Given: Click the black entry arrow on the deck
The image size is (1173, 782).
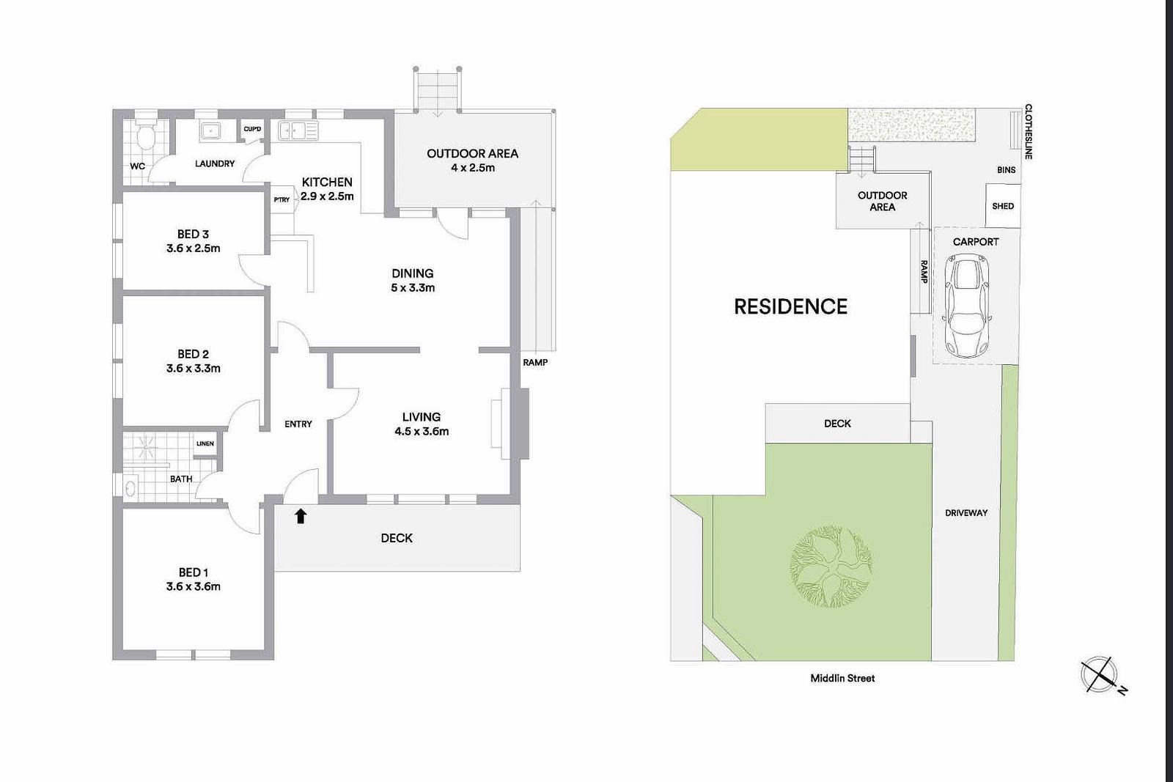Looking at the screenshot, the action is coord(300,516).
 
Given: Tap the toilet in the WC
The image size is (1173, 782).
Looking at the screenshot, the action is coord(146,135).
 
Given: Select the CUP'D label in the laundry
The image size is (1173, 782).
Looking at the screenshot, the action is coord(252,129).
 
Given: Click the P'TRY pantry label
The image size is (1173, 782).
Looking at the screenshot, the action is coord(282,199).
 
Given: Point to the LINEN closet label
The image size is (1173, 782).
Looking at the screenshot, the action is coord(205,443).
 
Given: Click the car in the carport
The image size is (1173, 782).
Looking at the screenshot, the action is coord(968,306).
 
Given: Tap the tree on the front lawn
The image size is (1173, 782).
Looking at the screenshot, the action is coord(831,567).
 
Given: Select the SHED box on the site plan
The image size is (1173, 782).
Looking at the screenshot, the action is coord(1003,206).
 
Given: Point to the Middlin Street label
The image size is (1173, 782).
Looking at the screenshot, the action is coord(842,679).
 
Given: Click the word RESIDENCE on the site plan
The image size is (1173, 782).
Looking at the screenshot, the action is coord(791,307).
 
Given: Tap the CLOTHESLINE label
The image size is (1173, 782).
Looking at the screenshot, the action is coord(1029,132).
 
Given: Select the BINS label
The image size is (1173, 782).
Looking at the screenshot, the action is coord(1006,170).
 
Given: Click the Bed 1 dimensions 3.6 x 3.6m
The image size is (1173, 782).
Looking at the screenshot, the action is coord(194,586).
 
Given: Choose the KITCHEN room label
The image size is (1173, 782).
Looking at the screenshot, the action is coord(327,182).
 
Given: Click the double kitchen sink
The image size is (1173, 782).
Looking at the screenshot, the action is coord(298,131).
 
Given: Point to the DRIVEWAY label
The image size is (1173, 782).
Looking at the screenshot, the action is coord(966,513).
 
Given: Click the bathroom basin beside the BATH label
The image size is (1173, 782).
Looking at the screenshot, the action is coord(130,488).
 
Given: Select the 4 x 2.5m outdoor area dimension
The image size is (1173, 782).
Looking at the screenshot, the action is coord(472,168).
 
